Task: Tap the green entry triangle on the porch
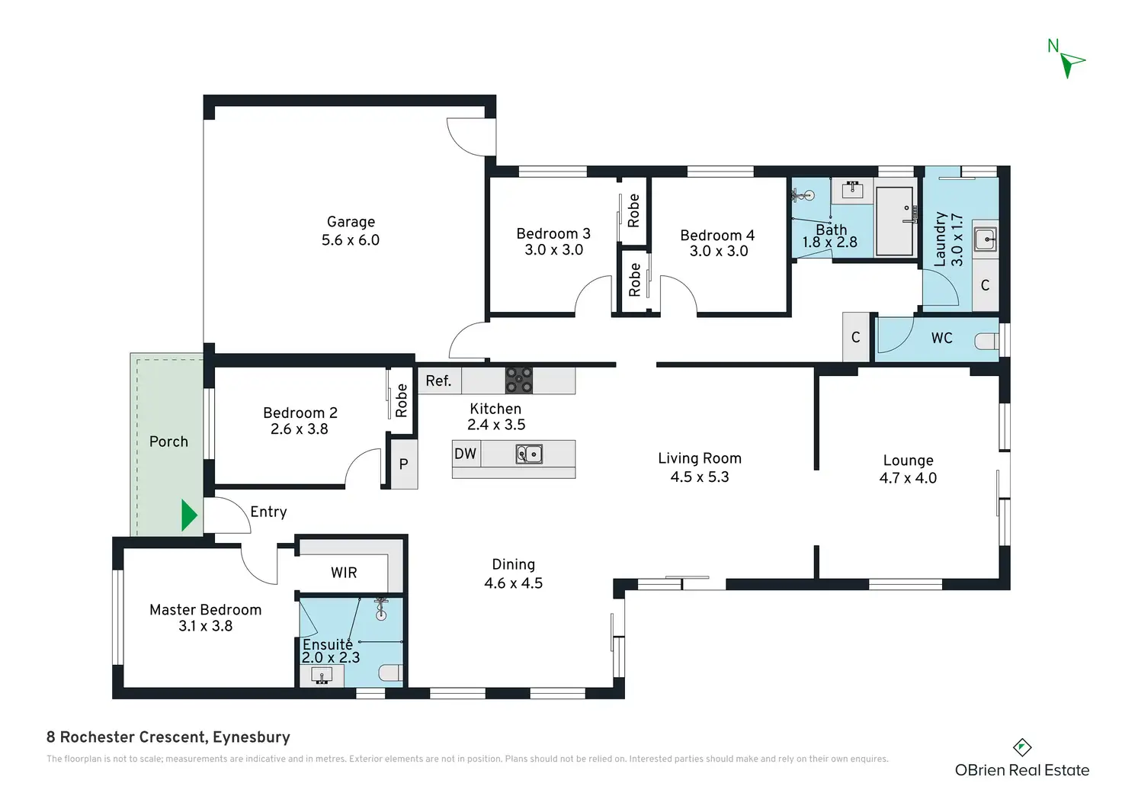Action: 189,515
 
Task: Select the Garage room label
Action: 350,221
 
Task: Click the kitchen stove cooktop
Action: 518,380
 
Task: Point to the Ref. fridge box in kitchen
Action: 439,380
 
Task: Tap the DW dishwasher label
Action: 465,454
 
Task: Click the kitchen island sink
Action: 529,454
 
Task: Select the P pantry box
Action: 404,464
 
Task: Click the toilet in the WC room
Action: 986,342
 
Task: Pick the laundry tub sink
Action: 986,239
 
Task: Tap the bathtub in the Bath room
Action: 895,221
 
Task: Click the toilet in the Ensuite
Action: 391,673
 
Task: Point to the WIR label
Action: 344,573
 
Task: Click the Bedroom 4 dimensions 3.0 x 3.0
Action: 718,251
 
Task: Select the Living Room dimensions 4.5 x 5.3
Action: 700,477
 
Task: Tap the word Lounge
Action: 908,461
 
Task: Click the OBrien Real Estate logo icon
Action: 1022,747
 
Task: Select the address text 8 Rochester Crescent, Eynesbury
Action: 168,737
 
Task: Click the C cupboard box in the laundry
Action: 986,285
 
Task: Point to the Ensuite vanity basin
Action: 322,676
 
